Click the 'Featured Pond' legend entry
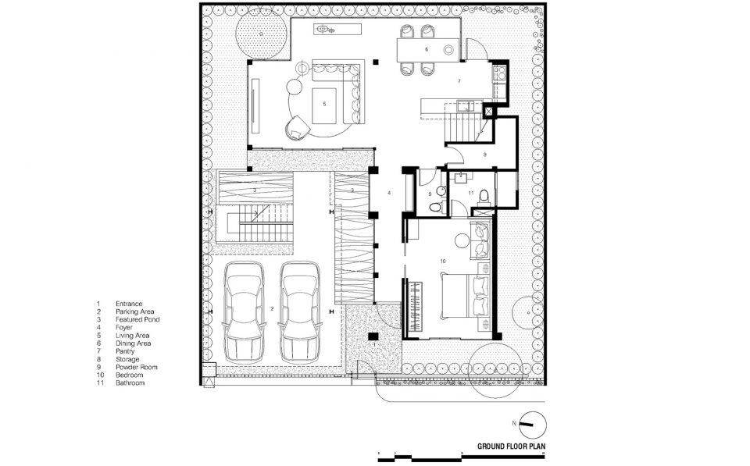pyautogui.click(x=137, y=319)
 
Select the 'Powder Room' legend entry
pyautogui.click(x=136, y=367)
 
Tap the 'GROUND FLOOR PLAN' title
pyautogui.click(x=511, y=446)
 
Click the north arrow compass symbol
pyautogui.click(x=532, y=424)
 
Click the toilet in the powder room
pyautogui.click(x=435, y=207)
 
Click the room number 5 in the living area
pyautogui.click(x=324, y=104)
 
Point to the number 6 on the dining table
pyautogui.click(x=427, y=49)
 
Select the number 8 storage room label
pyautogui.click(x=484, y=155)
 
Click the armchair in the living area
pyautogui.click(x=298, y=128)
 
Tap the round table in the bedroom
pyautogui.click(x=462, y=240)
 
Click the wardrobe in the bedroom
pyautogui.click(x=415, y=307)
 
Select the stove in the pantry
pyautogui.click(x=500, y=73)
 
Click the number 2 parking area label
pyautogui.click(x=272, y=309)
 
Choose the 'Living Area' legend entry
pyautogui.click(x=132, y=336)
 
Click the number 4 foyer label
pyautogui.click(x=389, y=193)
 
